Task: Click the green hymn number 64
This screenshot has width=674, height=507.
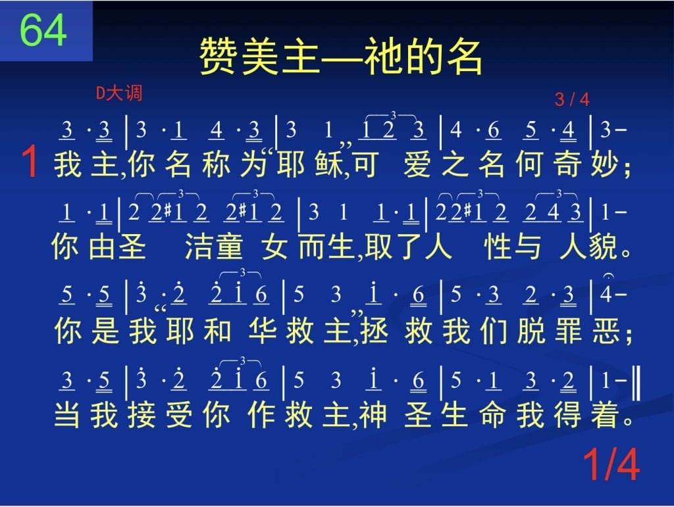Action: click(x=43, y=30)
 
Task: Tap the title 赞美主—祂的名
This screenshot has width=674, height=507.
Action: click(x=340, y=57)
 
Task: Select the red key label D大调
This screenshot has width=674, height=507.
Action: click(x=118, y=93)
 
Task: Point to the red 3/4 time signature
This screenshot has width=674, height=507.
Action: click(x=572, y=99)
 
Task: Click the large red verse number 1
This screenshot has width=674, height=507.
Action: click(x=30, y=161)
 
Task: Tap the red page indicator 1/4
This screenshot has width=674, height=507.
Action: click(x=611, y=464)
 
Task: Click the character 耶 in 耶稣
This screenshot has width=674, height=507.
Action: click(x=290, y=164)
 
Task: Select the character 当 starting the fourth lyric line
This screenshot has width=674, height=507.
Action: click(x=67, y=414)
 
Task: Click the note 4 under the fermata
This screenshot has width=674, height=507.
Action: click(x=606, y=295)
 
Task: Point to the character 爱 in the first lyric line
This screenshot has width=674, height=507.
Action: click(x=417, y=164)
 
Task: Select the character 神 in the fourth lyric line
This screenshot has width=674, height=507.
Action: click(x=373, y=414)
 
